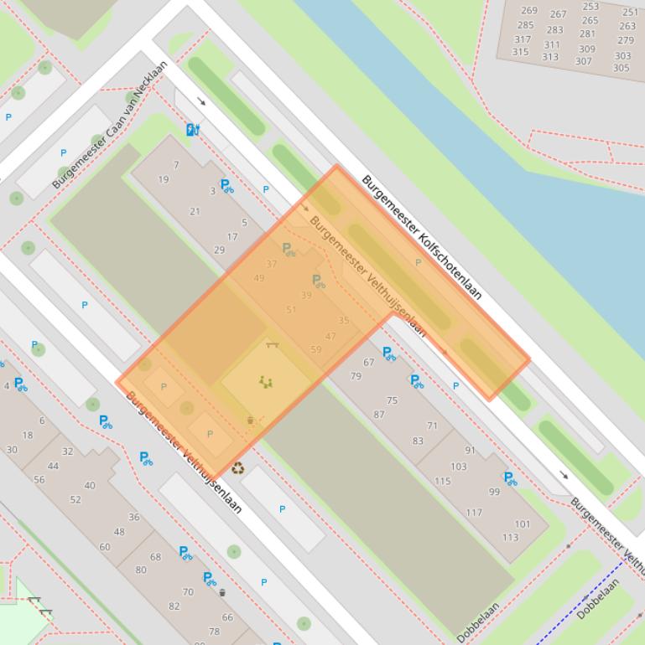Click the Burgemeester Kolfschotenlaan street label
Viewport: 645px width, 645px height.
422,237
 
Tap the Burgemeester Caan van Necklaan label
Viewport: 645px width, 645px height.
110,123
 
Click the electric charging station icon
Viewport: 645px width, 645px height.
193,129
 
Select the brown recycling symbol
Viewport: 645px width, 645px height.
238,468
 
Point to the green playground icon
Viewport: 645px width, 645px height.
267,383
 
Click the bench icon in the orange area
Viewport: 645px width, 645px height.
271,343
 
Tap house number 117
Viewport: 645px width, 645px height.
474,513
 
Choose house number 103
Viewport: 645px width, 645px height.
458,467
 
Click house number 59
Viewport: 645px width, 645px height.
316,350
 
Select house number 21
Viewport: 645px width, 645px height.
195,212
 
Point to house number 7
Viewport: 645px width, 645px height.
176,165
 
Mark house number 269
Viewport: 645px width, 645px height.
528,11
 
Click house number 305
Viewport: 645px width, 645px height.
621,69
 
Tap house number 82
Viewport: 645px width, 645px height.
174,606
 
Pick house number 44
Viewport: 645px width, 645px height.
54,467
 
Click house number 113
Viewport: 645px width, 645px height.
510,538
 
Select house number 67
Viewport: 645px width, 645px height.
369,363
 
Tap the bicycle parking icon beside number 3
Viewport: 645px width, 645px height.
226,185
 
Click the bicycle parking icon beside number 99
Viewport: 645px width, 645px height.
509,478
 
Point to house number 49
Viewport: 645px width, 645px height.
258,278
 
